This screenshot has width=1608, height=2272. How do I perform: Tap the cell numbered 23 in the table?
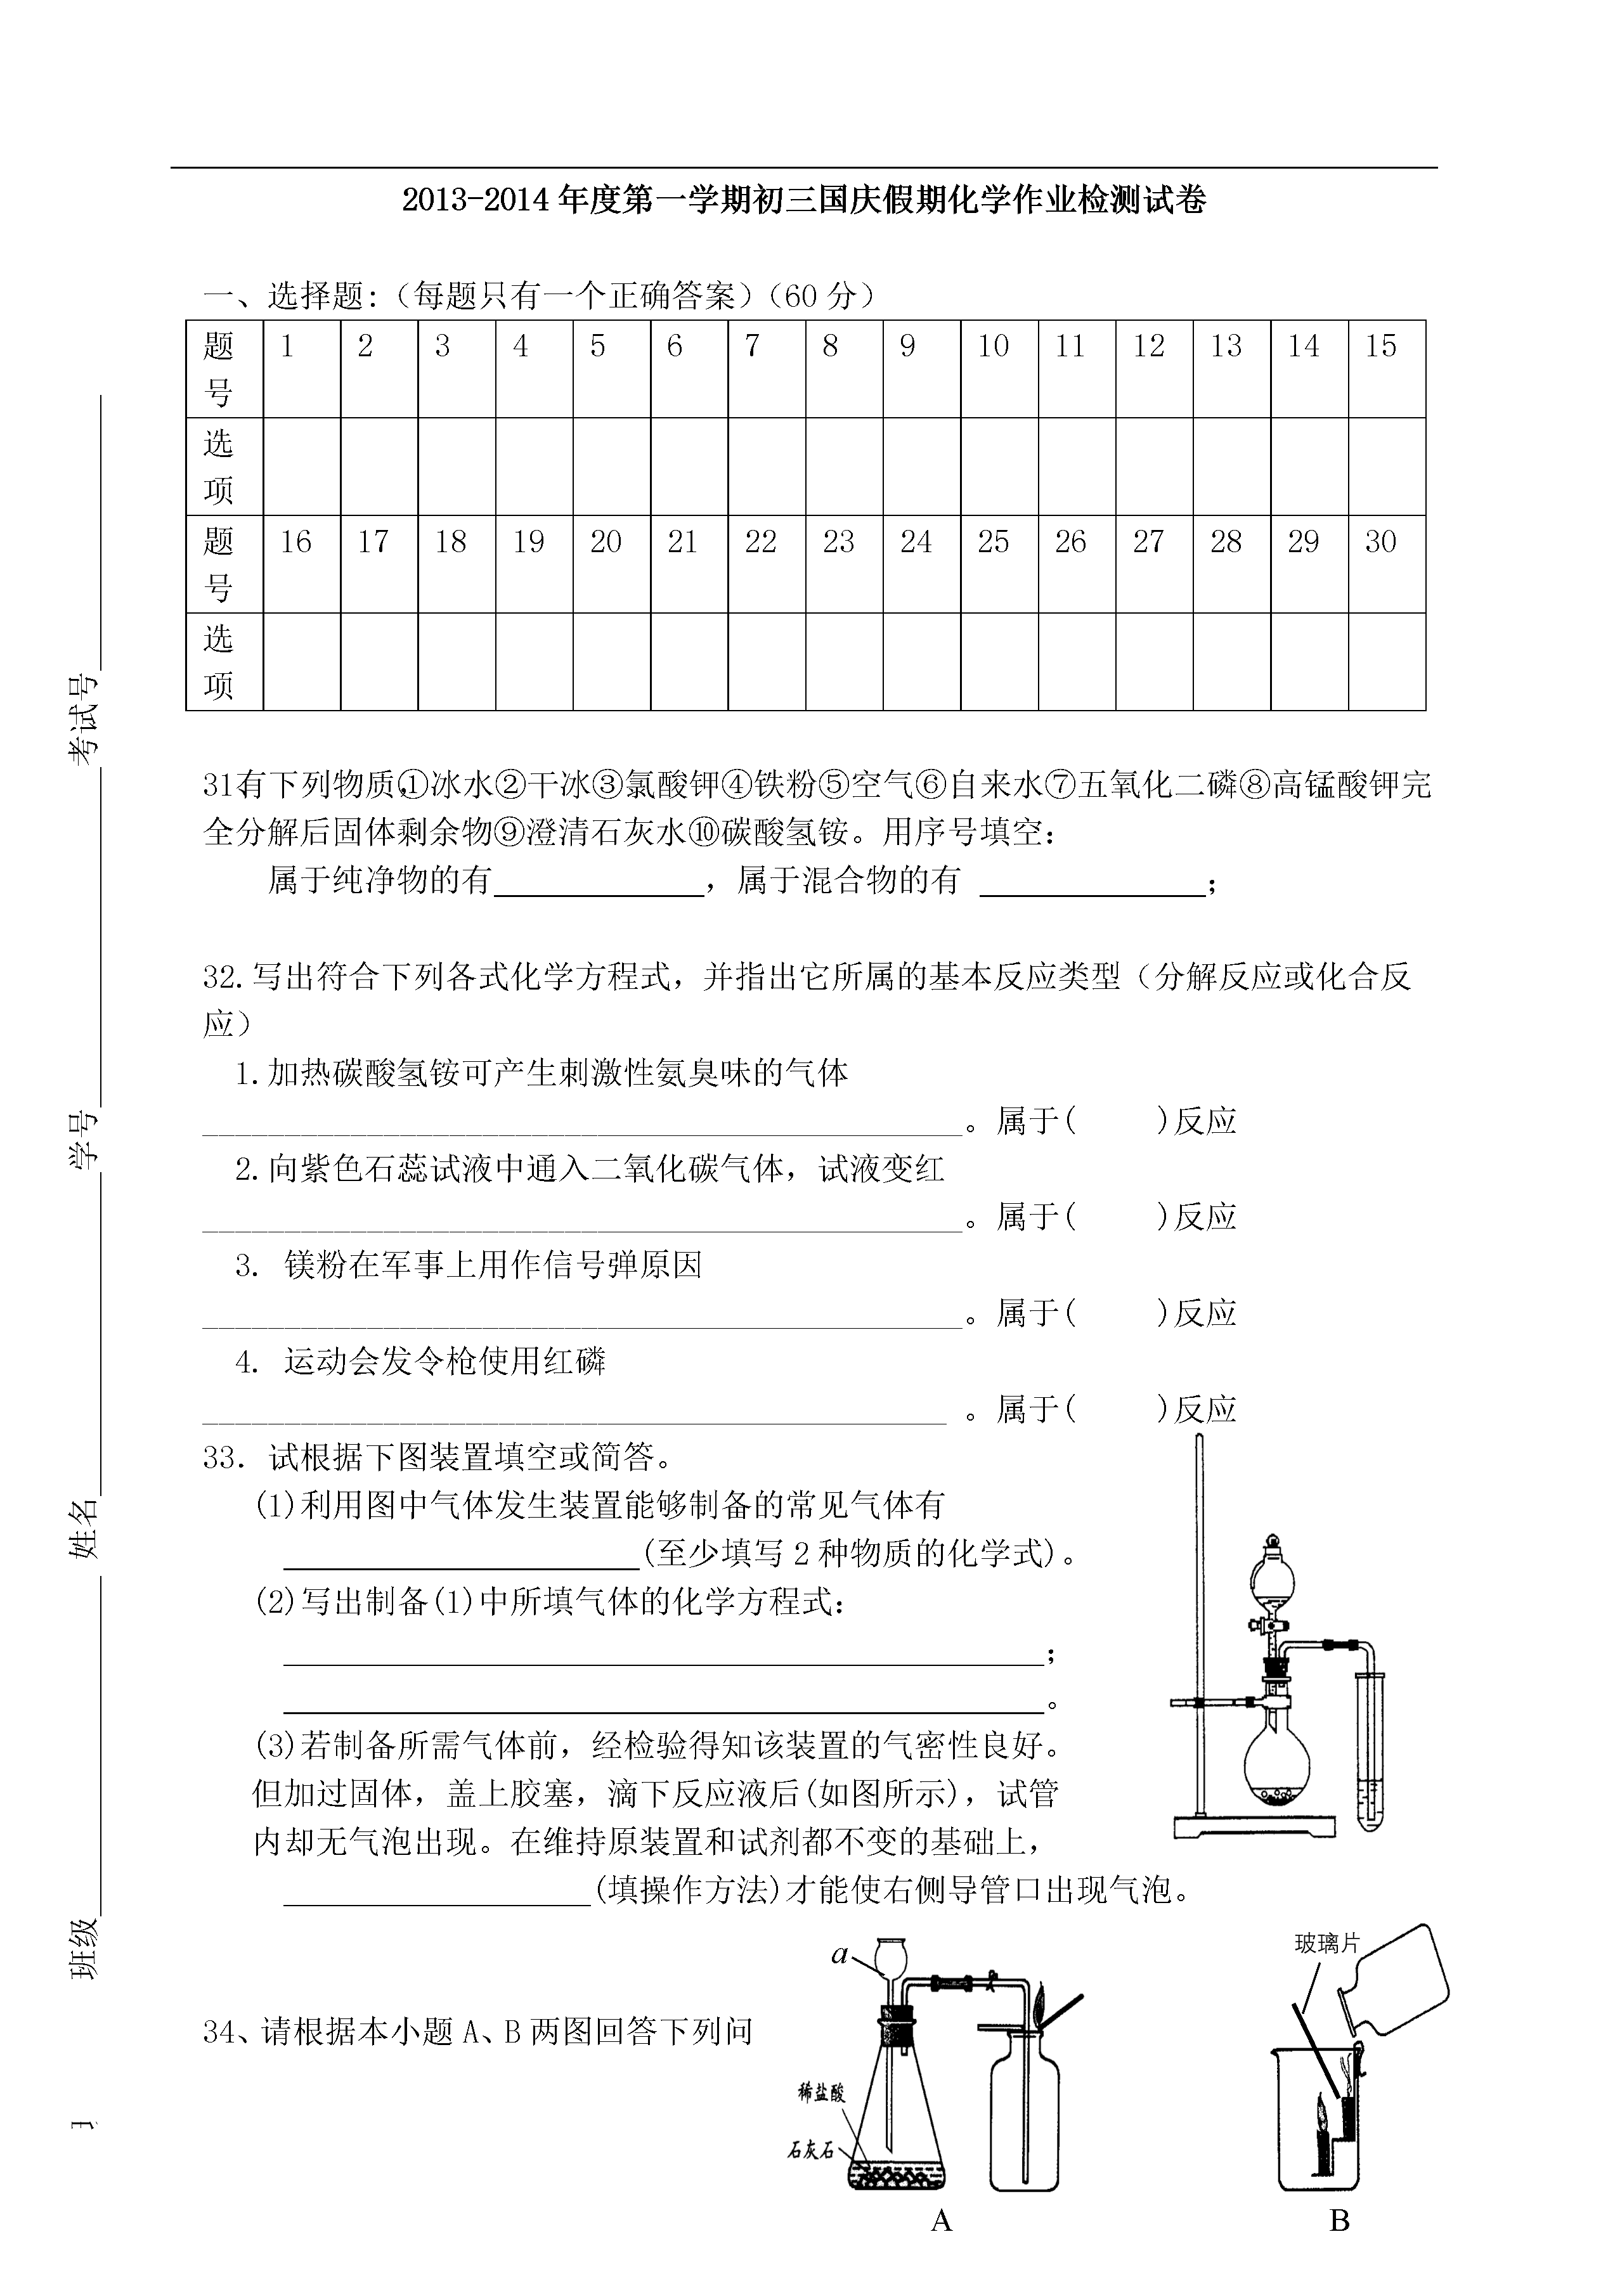(x=839, y=541)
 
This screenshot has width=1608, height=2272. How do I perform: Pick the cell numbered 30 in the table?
(x=1380, y=541)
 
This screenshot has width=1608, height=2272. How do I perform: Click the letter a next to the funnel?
(x=840, y=1955)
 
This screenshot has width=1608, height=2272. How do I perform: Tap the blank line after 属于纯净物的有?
(x=598, y=881)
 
